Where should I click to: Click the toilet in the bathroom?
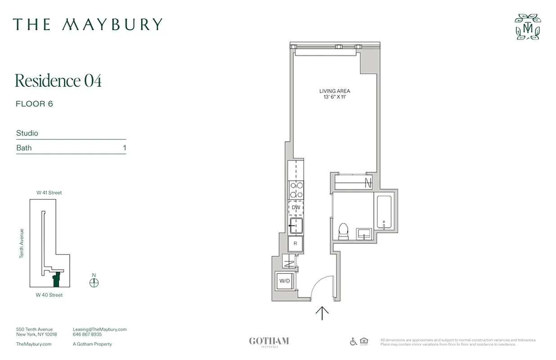pos(343,231)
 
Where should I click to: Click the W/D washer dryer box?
pos(285,281)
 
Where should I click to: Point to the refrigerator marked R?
pos(296,243)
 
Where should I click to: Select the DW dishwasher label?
pos(296,207)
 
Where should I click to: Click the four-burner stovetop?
pos(296,189)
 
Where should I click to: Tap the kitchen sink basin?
pos(296,225)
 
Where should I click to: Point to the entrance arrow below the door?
pos(322,313)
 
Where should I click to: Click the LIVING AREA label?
pos(335,91)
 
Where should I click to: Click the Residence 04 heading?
pos(58,81)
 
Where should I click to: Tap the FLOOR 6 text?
pos(34,104)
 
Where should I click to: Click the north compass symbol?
pos(94,282)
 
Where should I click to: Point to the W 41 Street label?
pos(49,193)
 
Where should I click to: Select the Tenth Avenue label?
pos(21,243)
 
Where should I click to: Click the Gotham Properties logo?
pos(269,342)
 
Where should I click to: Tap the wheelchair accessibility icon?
pos(354,342)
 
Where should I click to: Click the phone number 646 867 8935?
pos(87,334)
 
